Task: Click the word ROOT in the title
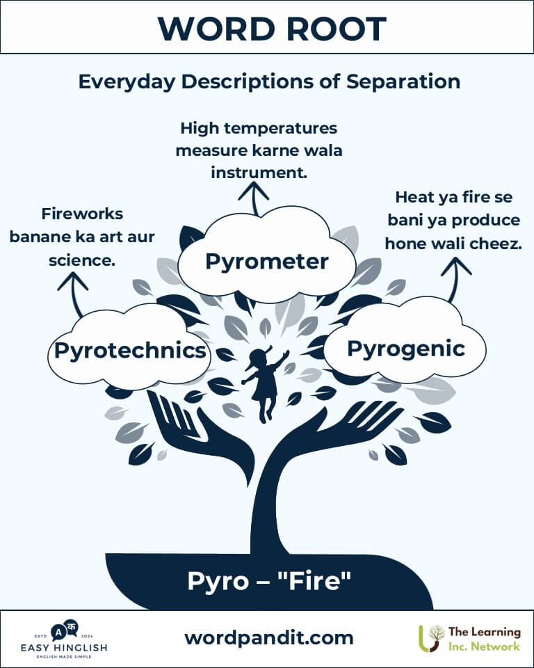click(x=337, y=29)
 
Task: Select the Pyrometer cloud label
click(x=267, y=261)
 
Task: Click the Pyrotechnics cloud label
click(x=130, y=351)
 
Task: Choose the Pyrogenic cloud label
click(x=406, y=349)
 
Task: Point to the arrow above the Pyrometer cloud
click(x=254, y=198)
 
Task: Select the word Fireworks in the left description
click(x=82, y=214)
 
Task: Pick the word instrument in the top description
click(x=259, y=173)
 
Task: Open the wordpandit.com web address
click(x=269, y=638)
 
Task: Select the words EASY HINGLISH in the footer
click(x=64, y=648)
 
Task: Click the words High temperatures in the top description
click(x=259, y=128)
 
